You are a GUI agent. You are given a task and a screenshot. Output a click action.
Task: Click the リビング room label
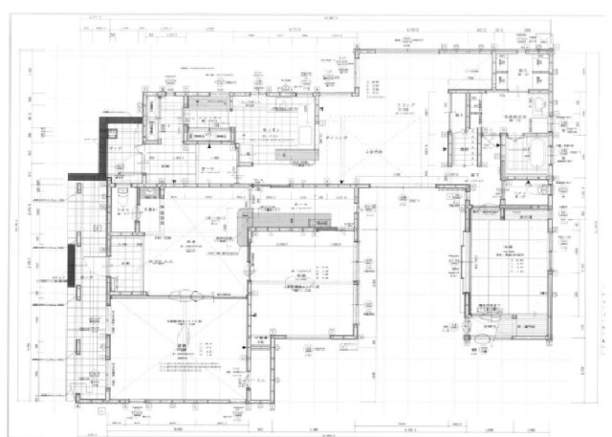(x=400, y=105)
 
